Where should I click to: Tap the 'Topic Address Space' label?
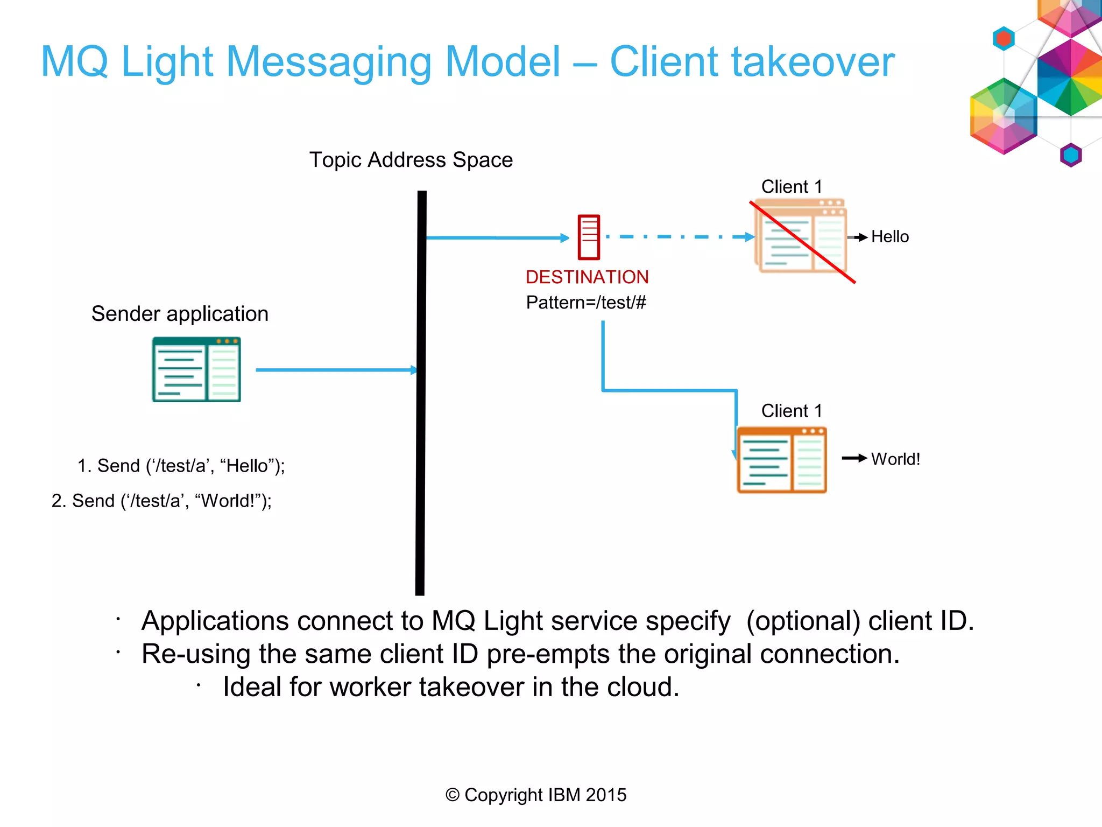pos(411,160)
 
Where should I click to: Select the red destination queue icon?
pos(589,237)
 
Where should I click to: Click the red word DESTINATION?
pos(587,277)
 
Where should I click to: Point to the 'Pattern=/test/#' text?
pos(586,303)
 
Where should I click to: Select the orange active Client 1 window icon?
pos(781,460)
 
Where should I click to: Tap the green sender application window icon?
pos(196,369)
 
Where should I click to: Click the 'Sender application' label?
pos(180,313)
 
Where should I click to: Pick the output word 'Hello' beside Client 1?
pos(889,237)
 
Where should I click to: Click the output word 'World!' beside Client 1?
pos(895,459)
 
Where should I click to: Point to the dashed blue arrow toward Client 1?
pos(678,237)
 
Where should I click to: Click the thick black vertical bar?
pos(421,393)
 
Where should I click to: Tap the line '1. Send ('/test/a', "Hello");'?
pos(181,466)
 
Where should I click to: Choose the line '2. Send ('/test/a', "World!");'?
pos(161,501)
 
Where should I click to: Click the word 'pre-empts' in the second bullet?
pos(548,654)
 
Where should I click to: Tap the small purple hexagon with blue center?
pos(1070,155)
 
